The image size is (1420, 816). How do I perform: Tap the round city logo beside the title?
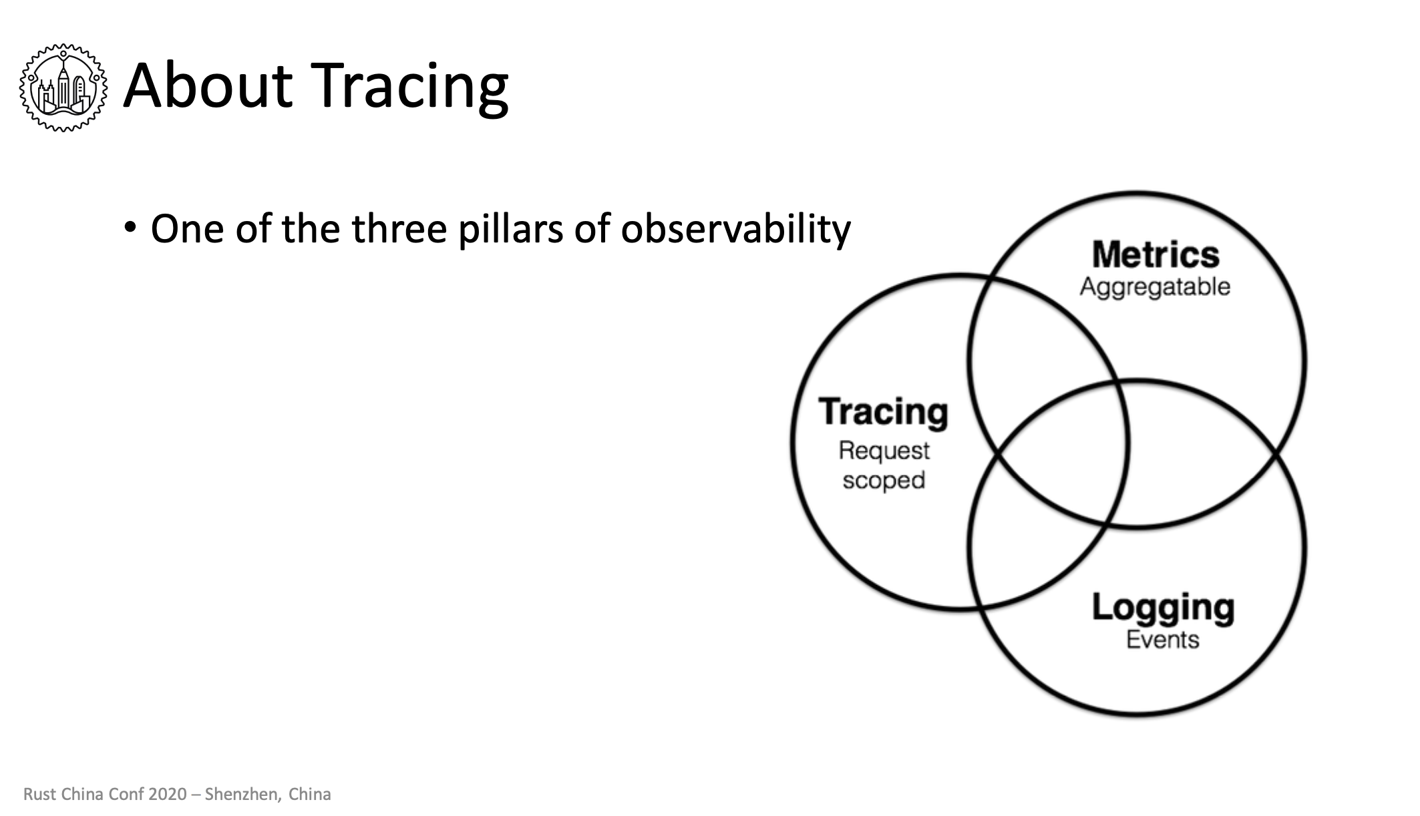pos(63,87)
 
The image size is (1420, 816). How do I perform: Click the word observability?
pos(735,229)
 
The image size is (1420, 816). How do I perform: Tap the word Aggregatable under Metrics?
pos(1155,287)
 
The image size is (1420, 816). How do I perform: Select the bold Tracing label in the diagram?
pos(883,413)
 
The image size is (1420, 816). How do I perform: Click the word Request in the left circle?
pos(884,451)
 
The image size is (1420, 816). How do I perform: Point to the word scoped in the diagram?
pos(884,481)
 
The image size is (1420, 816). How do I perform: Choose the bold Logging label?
pos(1163,608)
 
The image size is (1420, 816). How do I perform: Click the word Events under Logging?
pos(1162,640)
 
